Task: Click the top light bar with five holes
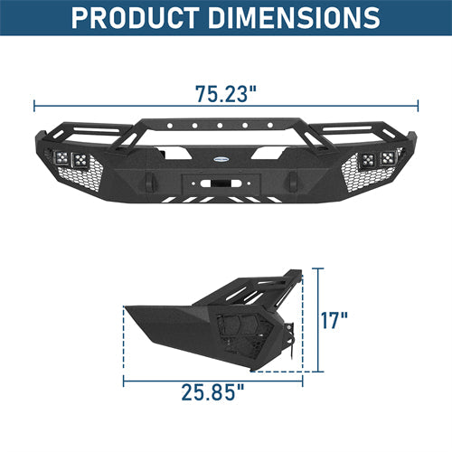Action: click(x=225, y=127)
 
